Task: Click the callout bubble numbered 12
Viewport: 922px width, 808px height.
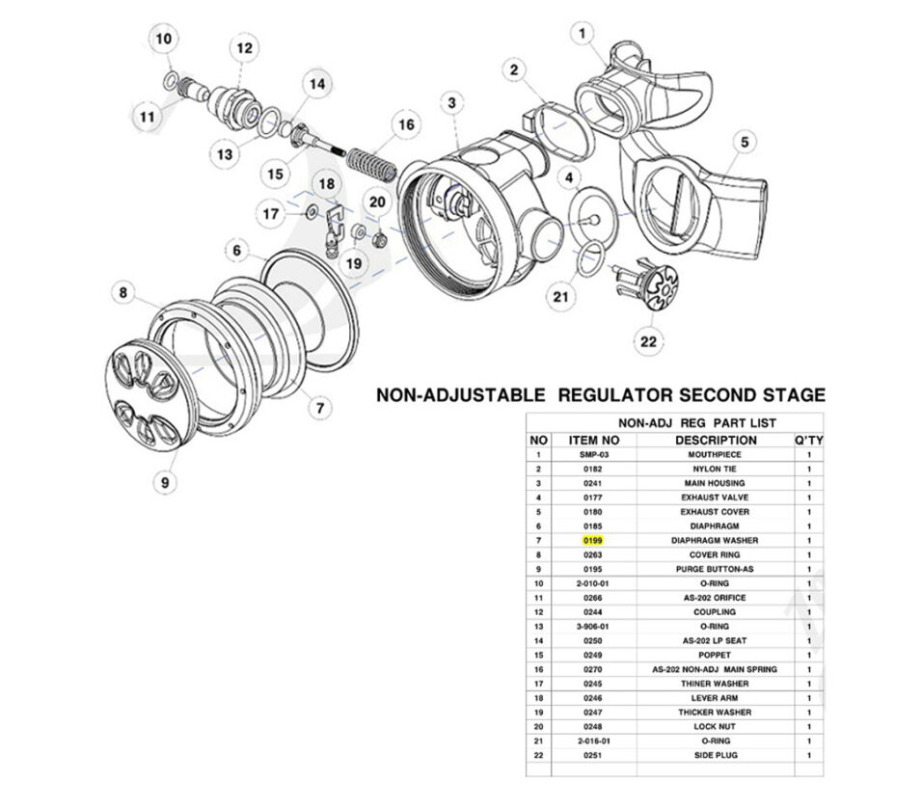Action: (243, 47)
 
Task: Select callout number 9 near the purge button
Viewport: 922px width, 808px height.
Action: (165, 480)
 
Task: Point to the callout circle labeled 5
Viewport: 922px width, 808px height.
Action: (745, 143)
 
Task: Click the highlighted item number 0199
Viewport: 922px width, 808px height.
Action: (592, 541)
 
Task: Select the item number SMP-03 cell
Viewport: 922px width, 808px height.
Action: (592, 454)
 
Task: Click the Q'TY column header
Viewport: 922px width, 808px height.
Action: (808, 440)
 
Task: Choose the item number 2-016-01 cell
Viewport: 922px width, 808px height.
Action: (592, 741)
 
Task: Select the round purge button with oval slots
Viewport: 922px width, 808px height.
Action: (143, 396)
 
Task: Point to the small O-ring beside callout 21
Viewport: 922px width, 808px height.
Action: (590, 256)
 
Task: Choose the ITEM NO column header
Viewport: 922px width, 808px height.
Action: (592, 440)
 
